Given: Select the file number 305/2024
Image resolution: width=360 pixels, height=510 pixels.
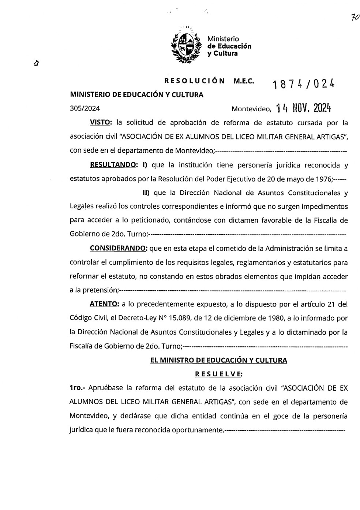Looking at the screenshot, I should [85, 108].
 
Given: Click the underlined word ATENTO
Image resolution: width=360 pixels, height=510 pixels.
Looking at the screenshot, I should [104, 304].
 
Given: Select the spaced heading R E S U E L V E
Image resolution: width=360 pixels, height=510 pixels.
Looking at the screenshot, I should [218, 374].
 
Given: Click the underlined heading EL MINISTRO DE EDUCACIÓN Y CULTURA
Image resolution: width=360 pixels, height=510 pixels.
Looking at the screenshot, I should [218, 360].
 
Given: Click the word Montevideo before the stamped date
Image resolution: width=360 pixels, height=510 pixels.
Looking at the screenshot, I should [251, 109].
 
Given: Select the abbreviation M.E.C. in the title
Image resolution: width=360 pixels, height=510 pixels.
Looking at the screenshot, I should [244, 81].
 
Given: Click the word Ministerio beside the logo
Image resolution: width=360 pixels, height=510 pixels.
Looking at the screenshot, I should [223, 39].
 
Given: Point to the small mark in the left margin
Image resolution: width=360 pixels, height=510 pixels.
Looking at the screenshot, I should [36, 63].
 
